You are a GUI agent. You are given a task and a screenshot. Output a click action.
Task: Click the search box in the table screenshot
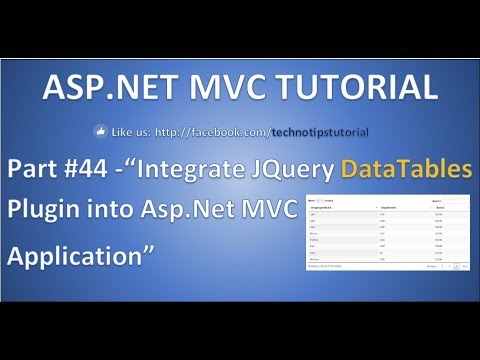[454, 199]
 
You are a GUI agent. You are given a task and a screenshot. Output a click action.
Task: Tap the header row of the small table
[386, 207]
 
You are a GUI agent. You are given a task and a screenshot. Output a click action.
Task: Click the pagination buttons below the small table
[449, 267]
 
